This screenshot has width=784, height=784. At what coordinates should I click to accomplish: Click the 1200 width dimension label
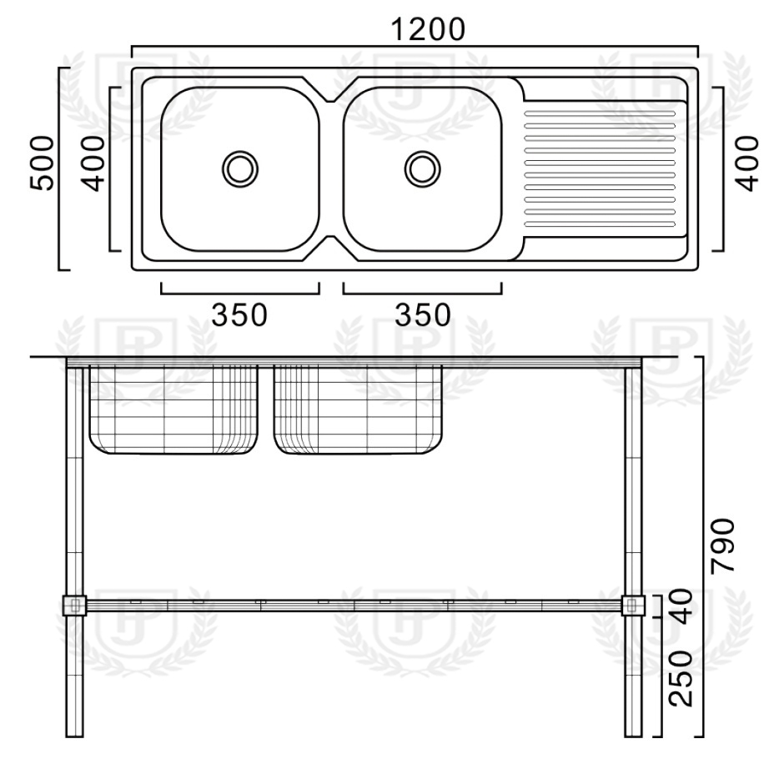click(428, 29)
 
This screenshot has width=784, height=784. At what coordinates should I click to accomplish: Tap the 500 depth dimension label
click(42, 163)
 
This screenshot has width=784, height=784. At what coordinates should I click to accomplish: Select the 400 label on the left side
click(93, 163)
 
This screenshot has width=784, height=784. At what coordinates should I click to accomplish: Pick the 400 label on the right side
click(748, 163)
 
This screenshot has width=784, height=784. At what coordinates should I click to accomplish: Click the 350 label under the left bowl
click(239, 315)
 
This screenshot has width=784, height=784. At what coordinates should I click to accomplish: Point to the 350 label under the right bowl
click(423, 315)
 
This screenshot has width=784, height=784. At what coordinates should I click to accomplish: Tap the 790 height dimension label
click(723, 545)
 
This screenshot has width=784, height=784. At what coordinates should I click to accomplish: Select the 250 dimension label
click(681, 678)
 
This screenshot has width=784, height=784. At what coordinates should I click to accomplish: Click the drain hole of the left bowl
click(240, 169)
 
